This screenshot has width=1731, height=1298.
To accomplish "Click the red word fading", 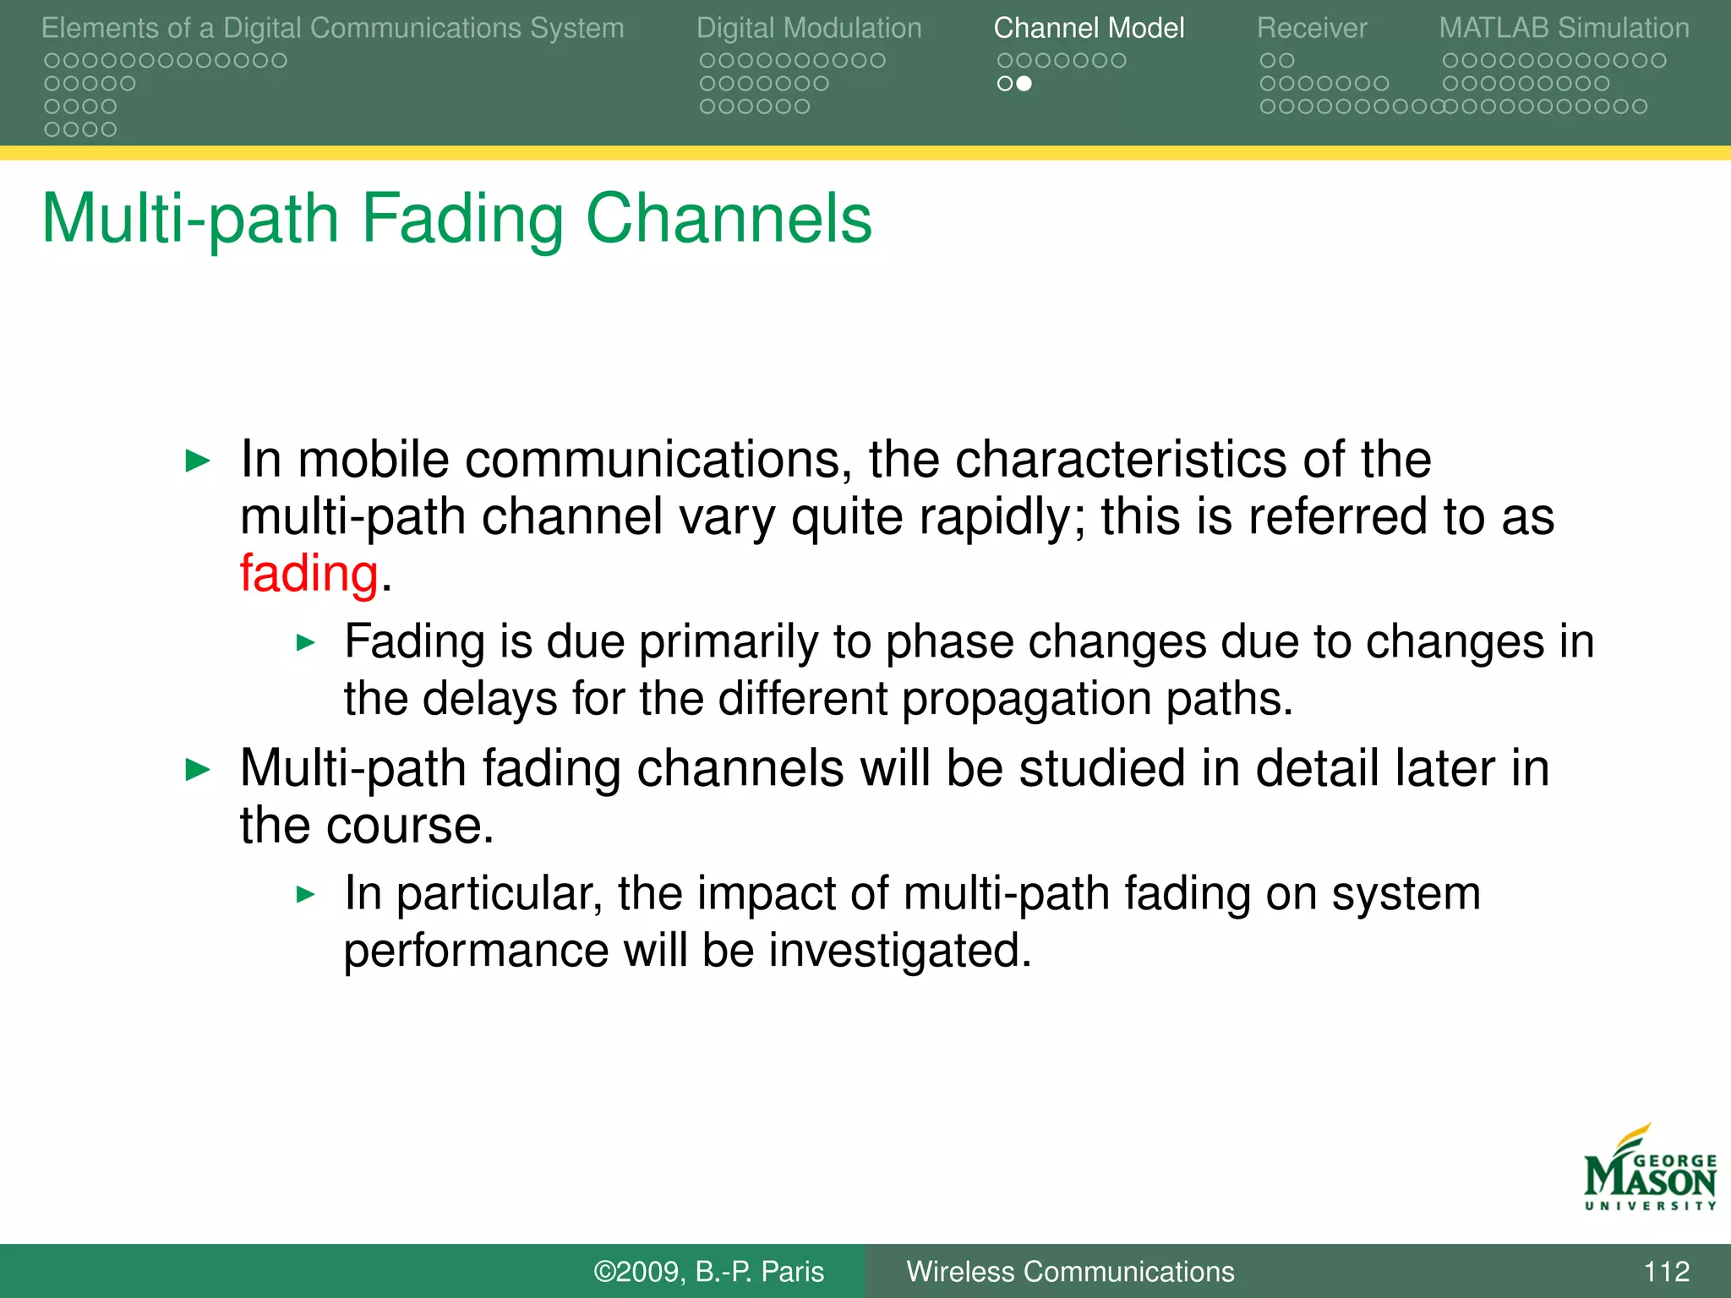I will (x=309, y=574).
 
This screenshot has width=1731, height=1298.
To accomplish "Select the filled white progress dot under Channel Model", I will (x=1024, y=84).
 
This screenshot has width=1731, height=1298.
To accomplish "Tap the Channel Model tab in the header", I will (x=1089, y=28).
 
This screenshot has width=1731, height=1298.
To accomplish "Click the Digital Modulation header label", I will (x=809, y=28).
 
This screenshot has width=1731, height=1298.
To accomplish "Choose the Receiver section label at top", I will (x=1311, y=28).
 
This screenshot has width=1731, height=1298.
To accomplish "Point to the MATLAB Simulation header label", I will (x=1564, y=28).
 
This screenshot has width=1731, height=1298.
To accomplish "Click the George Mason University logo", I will (x=1650, y=1170).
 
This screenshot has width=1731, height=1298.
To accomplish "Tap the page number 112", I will (x=1666, y=1271).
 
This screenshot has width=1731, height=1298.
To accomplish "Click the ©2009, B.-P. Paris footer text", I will (x=708, y=1271).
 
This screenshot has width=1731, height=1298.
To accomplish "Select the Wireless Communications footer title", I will (x=1070, y=1271).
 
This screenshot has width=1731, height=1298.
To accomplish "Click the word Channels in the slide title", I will (x=729, y=218).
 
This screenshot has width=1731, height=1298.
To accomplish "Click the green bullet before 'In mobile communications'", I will (x=197, y=461).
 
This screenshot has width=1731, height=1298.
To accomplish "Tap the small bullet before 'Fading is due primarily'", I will (x=306, y=643).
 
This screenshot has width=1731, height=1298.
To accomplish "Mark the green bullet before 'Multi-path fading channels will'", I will (x=197, y=770).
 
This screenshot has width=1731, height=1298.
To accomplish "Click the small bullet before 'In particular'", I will (x=306, y=894).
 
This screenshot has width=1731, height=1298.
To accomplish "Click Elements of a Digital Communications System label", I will (x=332, y=28).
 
